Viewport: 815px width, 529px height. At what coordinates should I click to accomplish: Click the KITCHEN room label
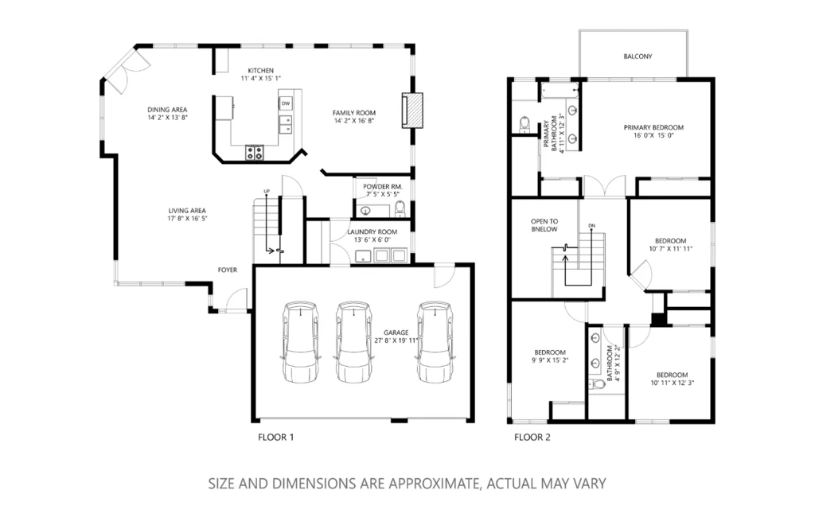pos(260,71)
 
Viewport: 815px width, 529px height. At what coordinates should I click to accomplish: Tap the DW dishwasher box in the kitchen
pos(286,103)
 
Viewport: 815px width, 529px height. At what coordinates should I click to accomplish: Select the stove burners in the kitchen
pos(255,152)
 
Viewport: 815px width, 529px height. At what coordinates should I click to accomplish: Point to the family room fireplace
pos(412,110)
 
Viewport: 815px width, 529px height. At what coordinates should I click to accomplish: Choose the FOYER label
pos(227,270)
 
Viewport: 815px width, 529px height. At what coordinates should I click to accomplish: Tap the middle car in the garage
pos(353,342)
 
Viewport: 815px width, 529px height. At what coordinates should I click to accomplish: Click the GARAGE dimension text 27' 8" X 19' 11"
pos(396,341)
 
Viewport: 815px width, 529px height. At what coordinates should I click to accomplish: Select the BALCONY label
pos(638,56)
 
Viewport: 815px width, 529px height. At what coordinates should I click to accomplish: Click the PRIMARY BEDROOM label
pos(653,128)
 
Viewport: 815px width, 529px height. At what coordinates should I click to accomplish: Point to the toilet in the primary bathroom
pos(524,124)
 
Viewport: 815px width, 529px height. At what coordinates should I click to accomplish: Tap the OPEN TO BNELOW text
pos(544,226)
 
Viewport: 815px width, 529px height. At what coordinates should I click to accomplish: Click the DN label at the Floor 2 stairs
pos(591,226)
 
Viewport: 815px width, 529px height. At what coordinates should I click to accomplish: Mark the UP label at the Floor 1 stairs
pos(267,192)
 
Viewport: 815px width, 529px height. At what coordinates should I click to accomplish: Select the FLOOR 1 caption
pos(275,438)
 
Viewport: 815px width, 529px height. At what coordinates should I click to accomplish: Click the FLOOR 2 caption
pos(532,438)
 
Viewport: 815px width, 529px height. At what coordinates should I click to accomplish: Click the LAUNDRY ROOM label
pos(372,232)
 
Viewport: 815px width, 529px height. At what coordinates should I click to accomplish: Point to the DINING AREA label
pos(167,110)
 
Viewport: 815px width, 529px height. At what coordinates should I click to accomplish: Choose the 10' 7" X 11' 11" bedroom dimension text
pos(670,249)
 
